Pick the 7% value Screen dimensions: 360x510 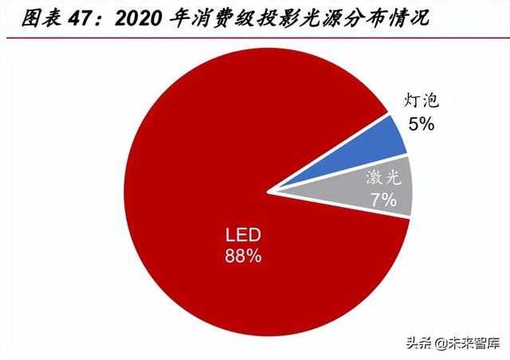click(383, 199)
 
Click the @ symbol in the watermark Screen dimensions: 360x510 click(441, 343)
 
